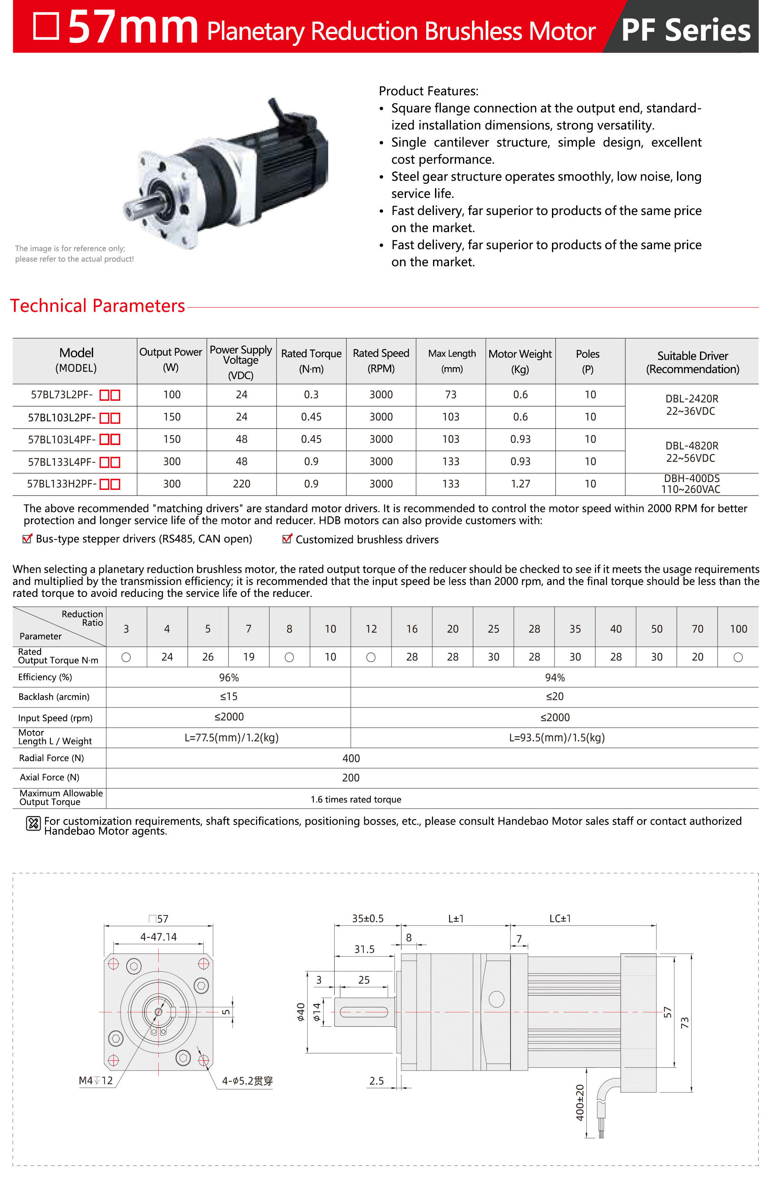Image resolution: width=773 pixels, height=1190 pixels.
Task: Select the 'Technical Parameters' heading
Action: pos(98,306)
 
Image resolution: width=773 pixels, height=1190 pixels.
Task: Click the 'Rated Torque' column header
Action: pos(311,361)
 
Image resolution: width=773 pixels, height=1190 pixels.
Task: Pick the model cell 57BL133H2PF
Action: pos(73,484)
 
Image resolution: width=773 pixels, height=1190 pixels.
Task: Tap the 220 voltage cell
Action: pos(242,484)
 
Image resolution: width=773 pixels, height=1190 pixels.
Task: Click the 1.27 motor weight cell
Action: pos(520,484)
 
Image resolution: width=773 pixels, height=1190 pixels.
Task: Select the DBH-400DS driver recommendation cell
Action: pos(691,484)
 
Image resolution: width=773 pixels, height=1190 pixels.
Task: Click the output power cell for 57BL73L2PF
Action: pos(171,395)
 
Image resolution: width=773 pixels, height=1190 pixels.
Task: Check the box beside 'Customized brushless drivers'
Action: pos(287,539)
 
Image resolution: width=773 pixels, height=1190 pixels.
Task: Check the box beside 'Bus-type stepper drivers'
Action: pos(27,539)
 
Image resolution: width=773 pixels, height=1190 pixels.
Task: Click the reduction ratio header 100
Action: pos(738,628)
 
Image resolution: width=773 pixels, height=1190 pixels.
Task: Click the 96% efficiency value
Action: pos(228,678)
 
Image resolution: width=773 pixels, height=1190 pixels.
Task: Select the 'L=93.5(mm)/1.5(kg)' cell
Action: pos(556,738)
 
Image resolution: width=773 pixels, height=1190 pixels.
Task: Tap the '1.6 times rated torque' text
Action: pos(356,799)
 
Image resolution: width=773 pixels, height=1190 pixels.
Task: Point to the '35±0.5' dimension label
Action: pos(367,918)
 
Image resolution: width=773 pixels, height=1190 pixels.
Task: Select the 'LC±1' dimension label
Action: pos(559,918)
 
